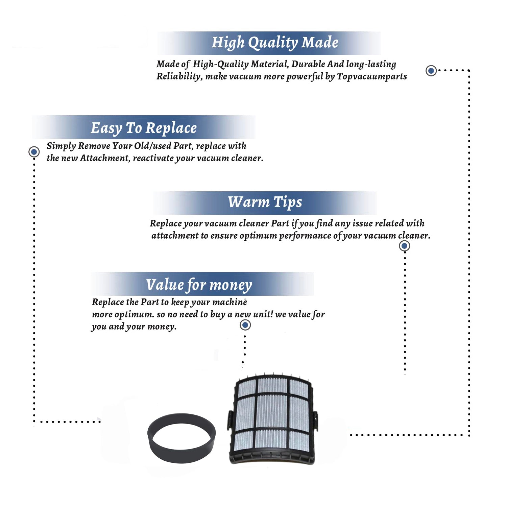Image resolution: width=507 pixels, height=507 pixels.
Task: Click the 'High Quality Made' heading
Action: tap(275, 43)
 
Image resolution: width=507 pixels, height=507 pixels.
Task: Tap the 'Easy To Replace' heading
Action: tap(144, 128)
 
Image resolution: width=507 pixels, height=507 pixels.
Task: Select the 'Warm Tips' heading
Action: tap(265, 202)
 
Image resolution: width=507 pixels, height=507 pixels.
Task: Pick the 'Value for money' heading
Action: tap(199, 285)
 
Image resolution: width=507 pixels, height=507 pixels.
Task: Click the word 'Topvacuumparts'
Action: tap(372, 77)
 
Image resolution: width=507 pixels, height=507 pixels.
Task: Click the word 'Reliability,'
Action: tap(179, 77)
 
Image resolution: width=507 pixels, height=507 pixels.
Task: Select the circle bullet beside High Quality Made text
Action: tap(431, 71)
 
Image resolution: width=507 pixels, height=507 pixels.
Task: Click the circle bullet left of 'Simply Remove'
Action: tap(34, 152)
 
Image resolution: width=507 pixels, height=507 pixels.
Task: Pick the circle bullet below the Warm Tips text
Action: tap(404, 246)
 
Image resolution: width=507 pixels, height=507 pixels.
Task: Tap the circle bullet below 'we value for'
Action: tap(245, 325)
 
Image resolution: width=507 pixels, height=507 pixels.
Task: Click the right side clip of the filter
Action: tap(316, 421)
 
